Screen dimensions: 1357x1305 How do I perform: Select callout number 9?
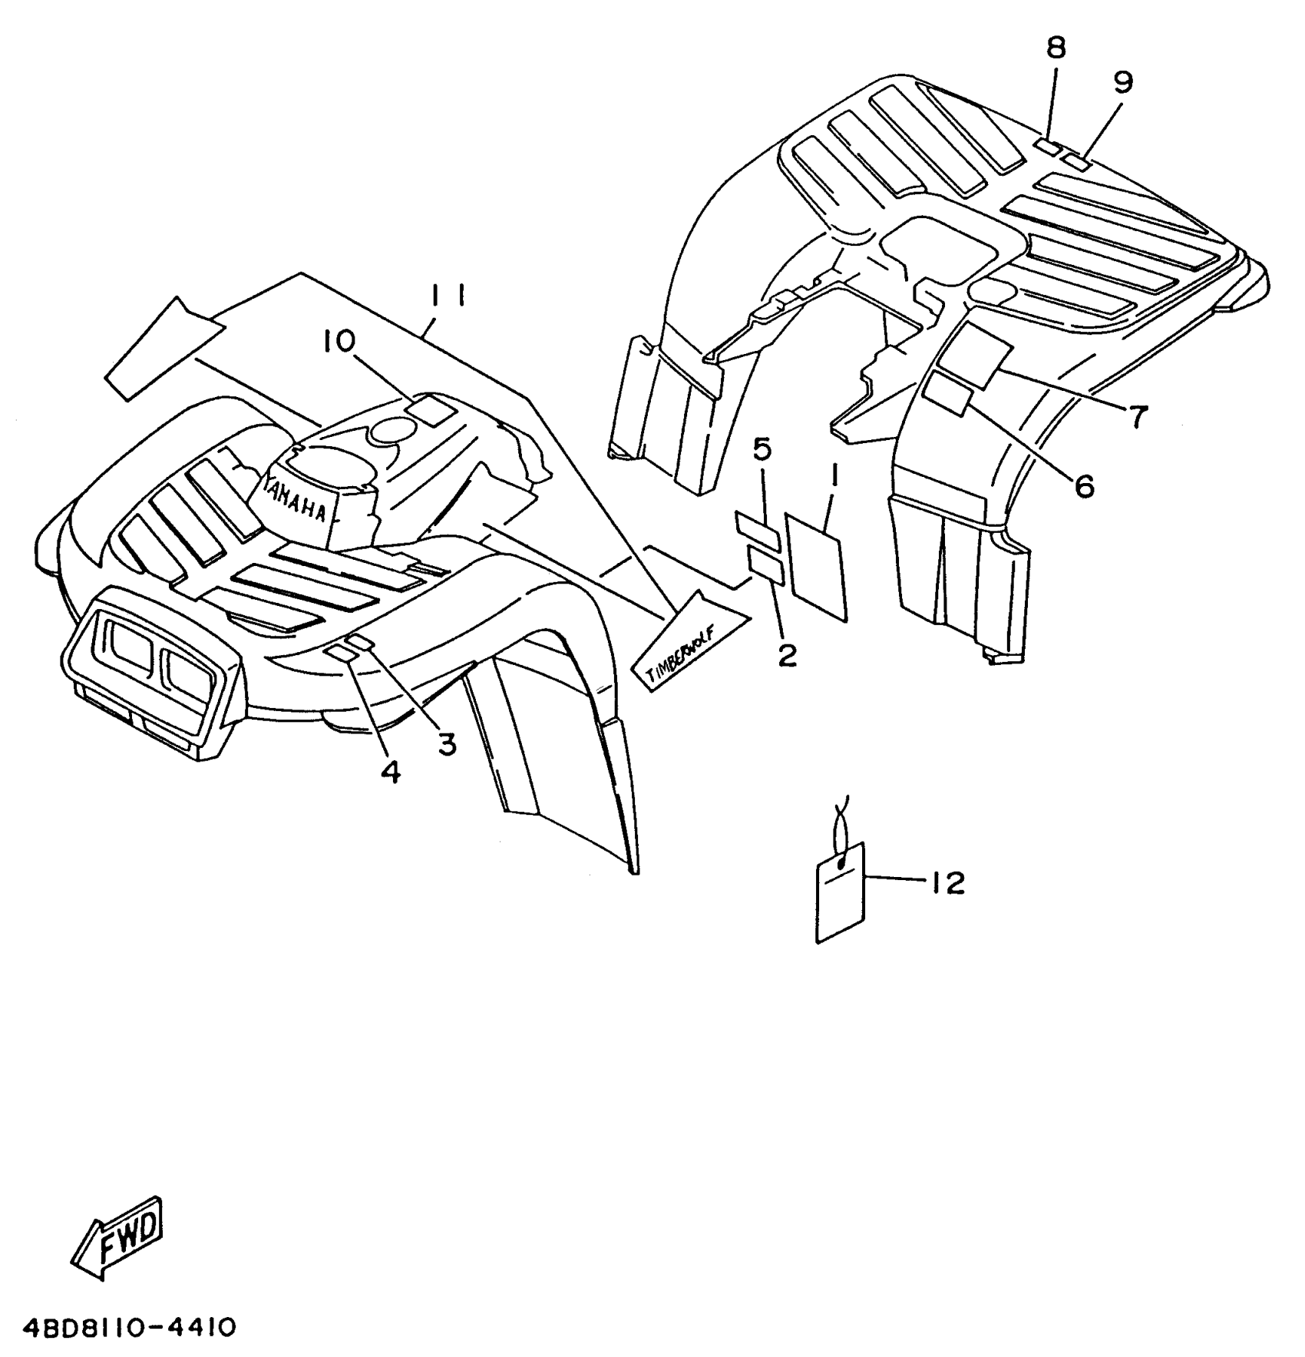click(1123, 82)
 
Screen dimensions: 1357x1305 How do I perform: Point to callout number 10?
click(339, 341)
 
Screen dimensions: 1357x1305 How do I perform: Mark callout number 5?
click(762, 451)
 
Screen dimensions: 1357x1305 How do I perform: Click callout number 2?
click(787, 655)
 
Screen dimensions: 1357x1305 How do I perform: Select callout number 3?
click(447, 743)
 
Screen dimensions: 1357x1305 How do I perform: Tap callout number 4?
click(391, 772)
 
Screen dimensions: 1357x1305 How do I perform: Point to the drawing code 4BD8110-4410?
click(119, 1328)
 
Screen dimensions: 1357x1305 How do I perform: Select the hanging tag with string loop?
click(839, 891)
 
